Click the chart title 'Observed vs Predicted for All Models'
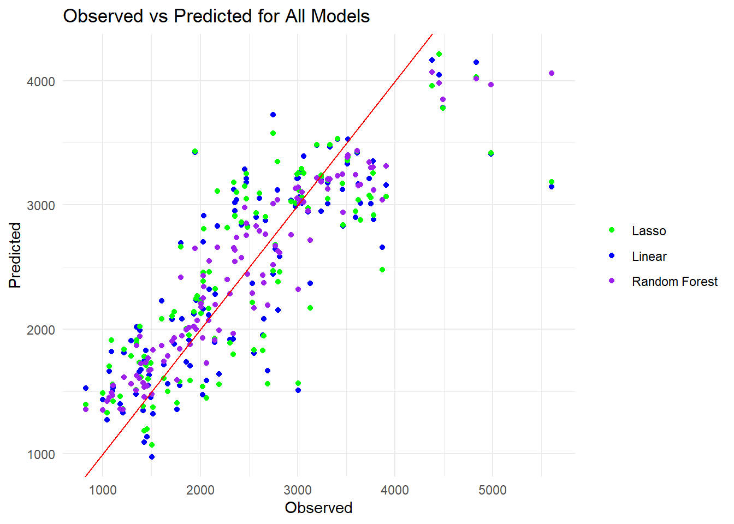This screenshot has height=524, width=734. click(x=216, y=16)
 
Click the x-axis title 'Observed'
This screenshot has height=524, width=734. click(x=318, y=508)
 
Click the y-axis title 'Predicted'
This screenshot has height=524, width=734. click(x=15, y=255)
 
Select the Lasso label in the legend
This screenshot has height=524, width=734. click(x=648, y=231)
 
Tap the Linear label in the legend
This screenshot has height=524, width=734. click(x=649, y=257)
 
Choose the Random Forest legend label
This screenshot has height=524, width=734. click(x=674, y=282)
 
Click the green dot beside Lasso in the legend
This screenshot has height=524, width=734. click(x=612, y=230)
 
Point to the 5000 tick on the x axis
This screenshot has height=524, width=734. click(x=492, y=490)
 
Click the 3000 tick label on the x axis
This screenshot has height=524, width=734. click(x=298, y=490)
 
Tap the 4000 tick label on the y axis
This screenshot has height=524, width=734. click(x=41, y=82)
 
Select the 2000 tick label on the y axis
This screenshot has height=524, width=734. click(x=41, y=330)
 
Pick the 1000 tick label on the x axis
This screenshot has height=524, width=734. click(x=103, y=490)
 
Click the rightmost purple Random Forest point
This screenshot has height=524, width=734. click(x=552, y=73)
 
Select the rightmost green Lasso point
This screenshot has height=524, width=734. click(x=552, y=182)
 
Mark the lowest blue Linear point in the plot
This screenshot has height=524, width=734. click(x=152, y=457)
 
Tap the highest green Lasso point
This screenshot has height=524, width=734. click(x=439, y=54)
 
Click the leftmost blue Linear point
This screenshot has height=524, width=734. click(x=86, y=388)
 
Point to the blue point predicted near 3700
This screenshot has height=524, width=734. click(x=273, y=115)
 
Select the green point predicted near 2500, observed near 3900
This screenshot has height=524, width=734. click(x=382, y=270)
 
